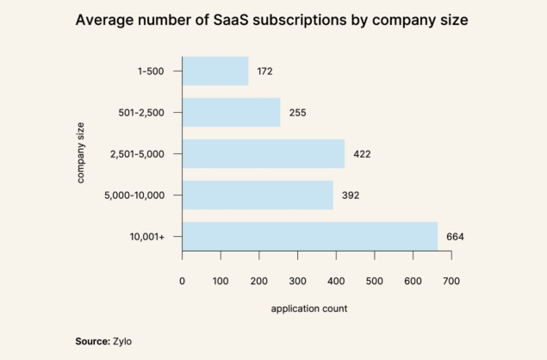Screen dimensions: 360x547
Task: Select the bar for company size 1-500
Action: pos(215,71)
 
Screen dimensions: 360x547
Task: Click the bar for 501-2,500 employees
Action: pos(231,112)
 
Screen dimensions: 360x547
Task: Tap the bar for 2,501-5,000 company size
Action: pos(263,153)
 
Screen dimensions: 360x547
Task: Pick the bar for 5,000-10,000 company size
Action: pos(258,195)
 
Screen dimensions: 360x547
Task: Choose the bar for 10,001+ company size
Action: pos(309,236)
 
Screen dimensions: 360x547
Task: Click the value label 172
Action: pos(264,71)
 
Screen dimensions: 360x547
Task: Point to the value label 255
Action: pos(298,112)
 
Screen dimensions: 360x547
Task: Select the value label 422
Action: pos(362,153)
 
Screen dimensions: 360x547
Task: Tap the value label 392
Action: pos(350,195)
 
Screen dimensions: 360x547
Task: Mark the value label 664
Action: pos(455,236)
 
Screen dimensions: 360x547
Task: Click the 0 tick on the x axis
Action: pos(183,281)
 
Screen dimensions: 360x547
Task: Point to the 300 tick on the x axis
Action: pos(298,281)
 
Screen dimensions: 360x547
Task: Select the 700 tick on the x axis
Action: pos(451,281)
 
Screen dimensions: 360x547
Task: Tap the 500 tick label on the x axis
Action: pos(375,281)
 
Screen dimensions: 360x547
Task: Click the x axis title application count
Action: pos(309,309)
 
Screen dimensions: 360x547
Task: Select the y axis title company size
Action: pos(81,153)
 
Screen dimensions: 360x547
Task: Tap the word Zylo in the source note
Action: pos(123,341)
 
